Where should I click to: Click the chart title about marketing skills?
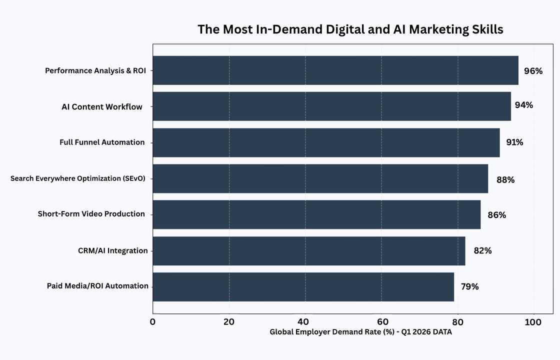[350, 29]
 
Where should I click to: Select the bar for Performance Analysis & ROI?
[335, 70]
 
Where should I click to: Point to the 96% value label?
[533, 71]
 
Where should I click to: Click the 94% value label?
[523, 105]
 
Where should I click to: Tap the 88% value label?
[505, 179]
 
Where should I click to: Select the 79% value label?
[469, 287]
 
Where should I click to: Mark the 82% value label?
[482, 251]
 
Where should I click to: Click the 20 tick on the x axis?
[229, 322]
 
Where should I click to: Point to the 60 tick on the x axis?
[381, 322]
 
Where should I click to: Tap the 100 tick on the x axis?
[533, 322]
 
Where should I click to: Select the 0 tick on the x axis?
[152, 322]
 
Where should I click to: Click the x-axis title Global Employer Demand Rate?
[360, 332]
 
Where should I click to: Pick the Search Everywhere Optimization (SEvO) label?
[77, 178]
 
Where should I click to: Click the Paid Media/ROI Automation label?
[97, 286]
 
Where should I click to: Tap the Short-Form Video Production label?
[91, 214]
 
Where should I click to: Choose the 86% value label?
[496, 215]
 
